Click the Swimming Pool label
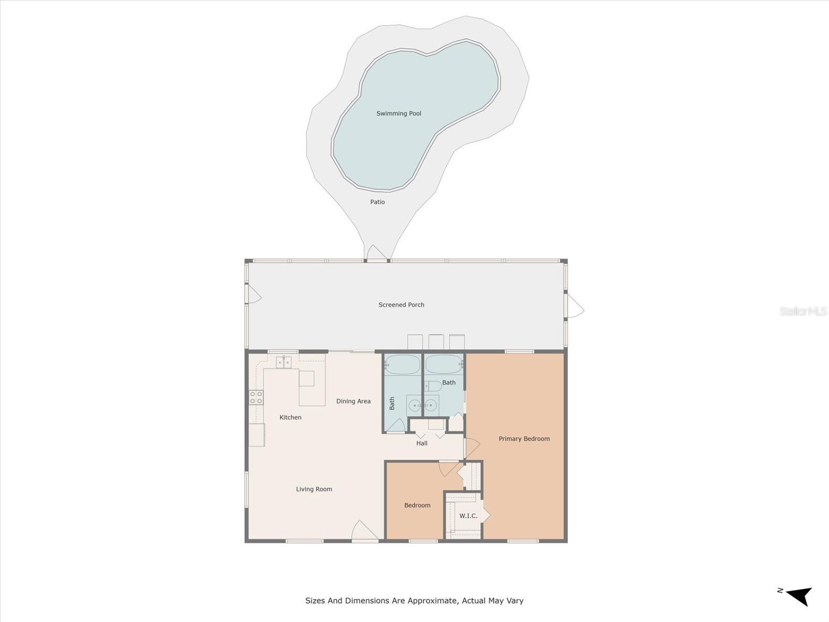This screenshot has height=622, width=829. pyautogui.click(x=398, y=114)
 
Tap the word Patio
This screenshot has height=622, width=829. pyautogui.click(x=377, y=202)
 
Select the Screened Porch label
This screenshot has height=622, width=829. pyautogui.click(x=401, y=305)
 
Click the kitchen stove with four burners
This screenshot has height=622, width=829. pyautogui.click(x=256, y=398)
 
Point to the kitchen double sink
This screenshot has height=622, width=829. pyautogui.click(x=283, y=362)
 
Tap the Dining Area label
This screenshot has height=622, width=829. pyautogui.click(x=353, y=401)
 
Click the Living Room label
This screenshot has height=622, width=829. pyautogui.click(x=314, y=489)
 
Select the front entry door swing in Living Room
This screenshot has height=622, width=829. pyautogui.click(x=364, y=531)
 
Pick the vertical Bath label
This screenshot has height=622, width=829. pyautogui.click(x=392, y=403)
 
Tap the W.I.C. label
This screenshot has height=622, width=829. pyautogui.click(x=468, y=516)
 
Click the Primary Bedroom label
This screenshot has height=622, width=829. pyautogui.click(x=524, y=439)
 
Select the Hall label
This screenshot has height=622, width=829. pyautogui.click(x=422, y=443)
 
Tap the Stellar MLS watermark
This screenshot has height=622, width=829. pyautogui.click(x=803, y=311)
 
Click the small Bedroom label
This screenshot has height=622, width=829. pyautogui.click(x=417, y=505)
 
